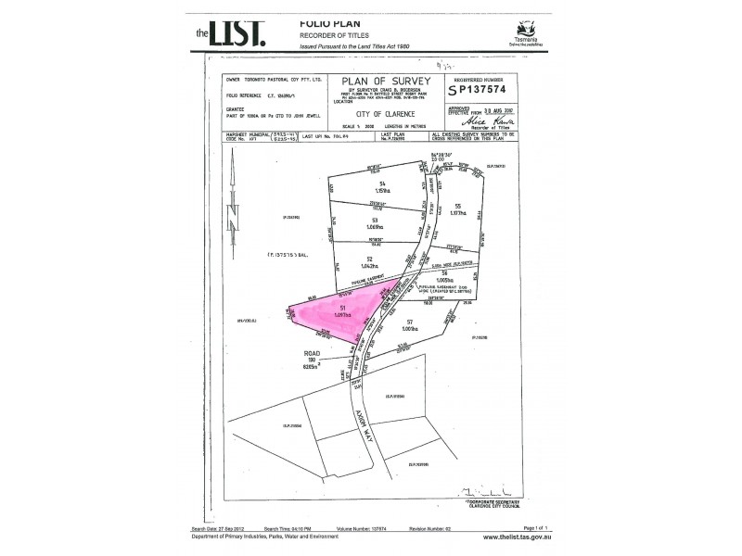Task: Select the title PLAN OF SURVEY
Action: (x=380, y=82)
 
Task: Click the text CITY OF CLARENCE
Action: (x=380, y=112)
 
